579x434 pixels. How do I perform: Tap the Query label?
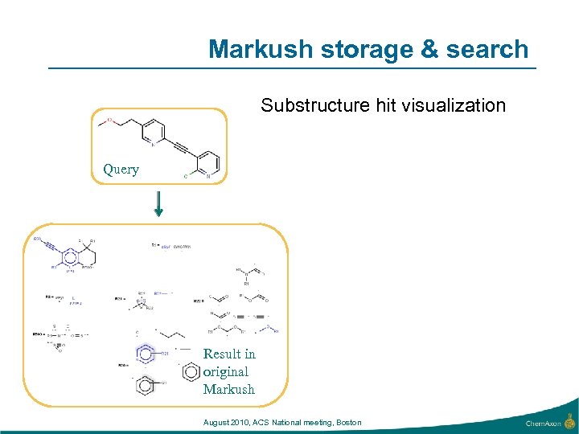[121, 170]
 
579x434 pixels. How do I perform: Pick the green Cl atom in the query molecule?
[186, 174]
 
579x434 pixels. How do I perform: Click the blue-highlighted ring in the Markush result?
[146, 353]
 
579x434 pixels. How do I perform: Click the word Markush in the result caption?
[228, 389]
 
